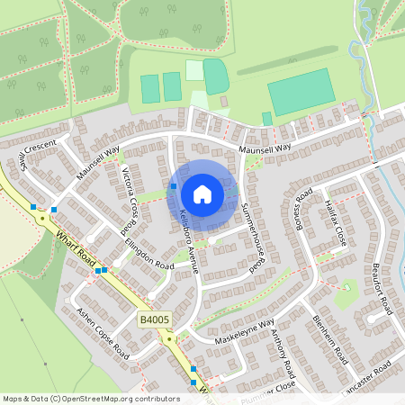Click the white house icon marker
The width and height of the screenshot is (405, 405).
[x=202, y=193]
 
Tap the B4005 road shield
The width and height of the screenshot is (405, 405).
[x=153, y=319]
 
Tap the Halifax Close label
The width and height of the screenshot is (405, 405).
[x=335, y=224]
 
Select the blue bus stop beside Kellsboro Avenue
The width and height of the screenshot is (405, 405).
[x=173, y=185]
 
